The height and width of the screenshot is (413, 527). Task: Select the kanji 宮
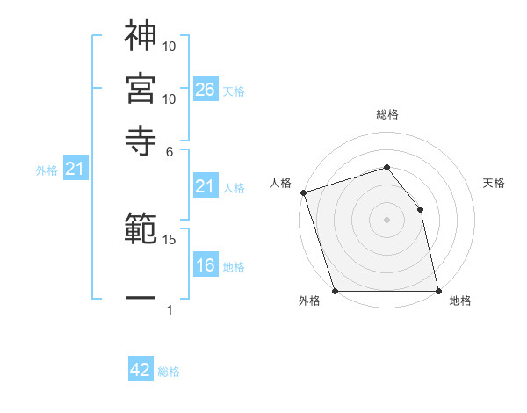point(141,88)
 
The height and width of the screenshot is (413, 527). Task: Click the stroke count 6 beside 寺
point(170,150)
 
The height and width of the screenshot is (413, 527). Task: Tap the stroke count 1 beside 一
point(170,309)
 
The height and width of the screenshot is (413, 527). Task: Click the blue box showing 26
point(206,89)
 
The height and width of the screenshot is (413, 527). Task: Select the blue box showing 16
point(206,265)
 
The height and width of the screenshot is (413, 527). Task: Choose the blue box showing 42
point(141,370)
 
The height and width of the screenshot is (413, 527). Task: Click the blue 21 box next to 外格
point(75,170)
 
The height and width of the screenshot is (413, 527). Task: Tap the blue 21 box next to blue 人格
point(206,186)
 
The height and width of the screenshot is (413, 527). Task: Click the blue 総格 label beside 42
point(169,372)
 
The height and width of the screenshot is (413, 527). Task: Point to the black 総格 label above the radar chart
point(386,115)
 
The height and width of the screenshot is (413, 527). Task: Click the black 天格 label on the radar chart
point(494,184)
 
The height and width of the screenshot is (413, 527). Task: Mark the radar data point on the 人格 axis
point(303,192)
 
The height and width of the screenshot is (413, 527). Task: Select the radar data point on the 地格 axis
point(437,290)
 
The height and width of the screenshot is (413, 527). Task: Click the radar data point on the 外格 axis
point(335,290)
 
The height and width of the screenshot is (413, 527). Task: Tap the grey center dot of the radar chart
point(386,220)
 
